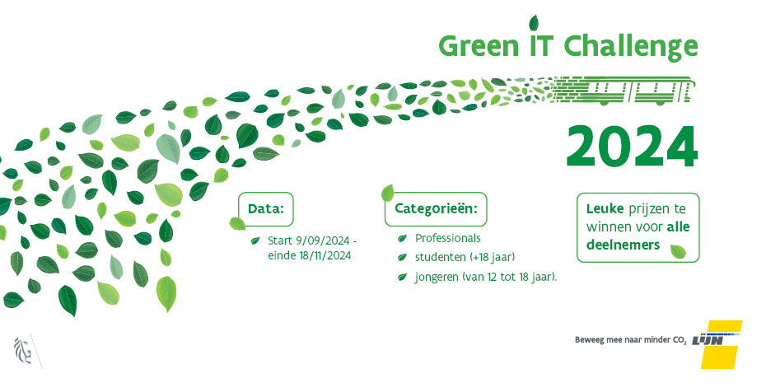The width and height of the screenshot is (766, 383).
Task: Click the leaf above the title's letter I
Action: tap(534, 22)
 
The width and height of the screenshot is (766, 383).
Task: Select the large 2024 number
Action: tap(631, 147)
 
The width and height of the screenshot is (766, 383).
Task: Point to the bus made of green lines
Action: tap(624, 90)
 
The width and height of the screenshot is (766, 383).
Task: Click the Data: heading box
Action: tap(266, 209)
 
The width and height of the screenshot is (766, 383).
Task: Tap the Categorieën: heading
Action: tap(436, 209)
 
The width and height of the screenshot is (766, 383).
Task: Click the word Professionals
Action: tap(448, 238)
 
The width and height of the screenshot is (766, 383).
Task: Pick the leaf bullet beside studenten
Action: tap(402, 257)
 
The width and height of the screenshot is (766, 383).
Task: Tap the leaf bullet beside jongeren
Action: tap(402, 277)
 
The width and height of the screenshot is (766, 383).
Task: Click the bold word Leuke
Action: tap(605, 209)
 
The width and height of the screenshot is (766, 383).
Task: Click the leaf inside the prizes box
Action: tap(678, 251)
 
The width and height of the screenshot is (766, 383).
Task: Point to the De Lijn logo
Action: tap(717, 344)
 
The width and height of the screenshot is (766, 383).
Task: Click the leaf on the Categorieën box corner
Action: tap(387, 193)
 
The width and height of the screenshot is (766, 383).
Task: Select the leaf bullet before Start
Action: tap(255, 241)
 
